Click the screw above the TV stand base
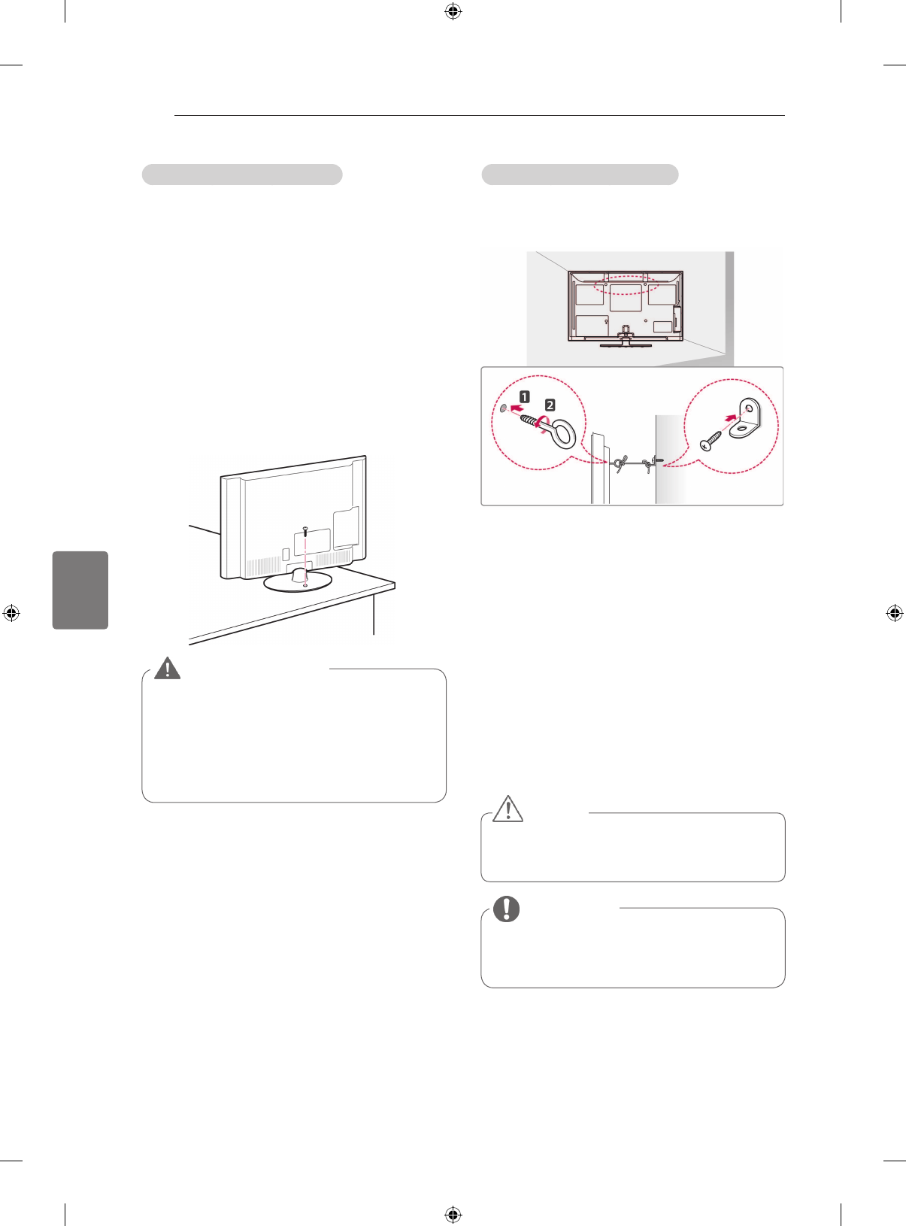click(x=305, y=531)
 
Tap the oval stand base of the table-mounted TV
click(x=297, y=581)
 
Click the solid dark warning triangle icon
click(x=167, y=668)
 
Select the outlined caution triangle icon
click(x=508, y=809)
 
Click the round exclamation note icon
click(x=507, y=909)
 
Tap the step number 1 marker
click(x=524, y=396)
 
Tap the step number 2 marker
click(x=550, y=405)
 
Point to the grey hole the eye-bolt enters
click(x=503, y=408)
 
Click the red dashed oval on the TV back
click(x=625, y=284)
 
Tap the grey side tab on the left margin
click(x=80, y=590)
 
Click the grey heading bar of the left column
click(x=242, y=174)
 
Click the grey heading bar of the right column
click(x=580, y=174)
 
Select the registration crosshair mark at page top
click(x=453, y=11)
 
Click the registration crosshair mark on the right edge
click(x=894, y=613)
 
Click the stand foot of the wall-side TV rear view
click(x=624, y=344)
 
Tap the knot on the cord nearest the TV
click(x=619, y=463)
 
